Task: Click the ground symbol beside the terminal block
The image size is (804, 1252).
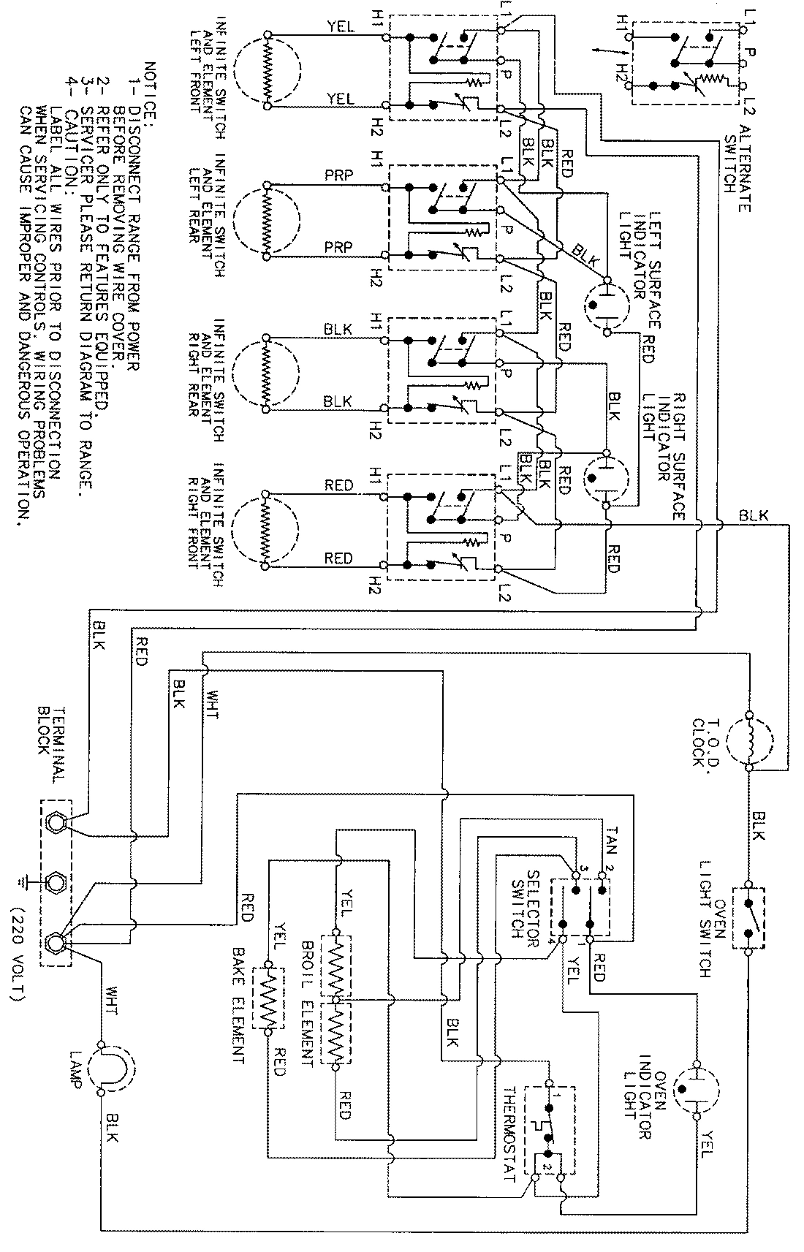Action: click(x=28, y=881)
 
